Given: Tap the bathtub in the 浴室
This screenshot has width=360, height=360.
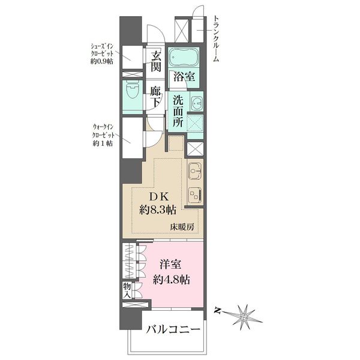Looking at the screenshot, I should click(182, 58).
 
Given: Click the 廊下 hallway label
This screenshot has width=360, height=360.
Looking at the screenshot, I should click(157, 97).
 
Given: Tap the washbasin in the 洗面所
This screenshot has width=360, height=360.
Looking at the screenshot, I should click(196, 103).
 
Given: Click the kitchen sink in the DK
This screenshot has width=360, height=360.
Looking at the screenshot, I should click(194, 172).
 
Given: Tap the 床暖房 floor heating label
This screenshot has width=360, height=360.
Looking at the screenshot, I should click(182, 227).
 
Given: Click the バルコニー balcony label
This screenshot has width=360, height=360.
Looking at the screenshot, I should click(170, 330).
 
